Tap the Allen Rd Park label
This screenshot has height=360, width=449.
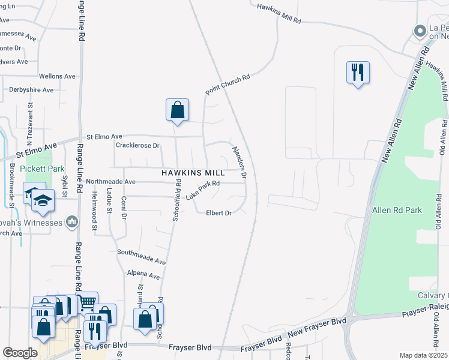(397, 210)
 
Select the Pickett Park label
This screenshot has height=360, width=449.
(42, 169)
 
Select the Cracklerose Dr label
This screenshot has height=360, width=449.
(137, 145)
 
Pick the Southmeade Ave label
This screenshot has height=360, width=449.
(141, 257)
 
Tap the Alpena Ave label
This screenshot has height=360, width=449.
(143, 274)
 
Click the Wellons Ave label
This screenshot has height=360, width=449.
(57, 76)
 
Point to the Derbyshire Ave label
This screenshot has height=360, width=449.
(31, 90)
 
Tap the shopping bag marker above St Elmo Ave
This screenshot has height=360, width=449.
(177, 110)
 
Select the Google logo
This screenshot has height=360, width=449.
(20, 353)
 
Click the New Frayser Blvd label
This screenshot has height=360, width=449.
(318, 324)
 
